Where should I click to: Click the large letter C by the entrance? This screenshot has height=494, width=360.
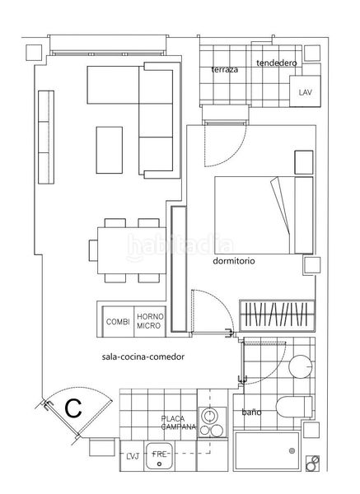(73, 408)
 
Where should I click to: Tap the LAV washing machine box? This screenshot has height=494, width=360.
(305, 91)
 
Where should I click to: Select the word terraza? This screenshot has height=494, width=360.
(225, 70)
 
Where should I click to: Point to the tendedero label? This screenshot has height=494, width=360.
(277, 63)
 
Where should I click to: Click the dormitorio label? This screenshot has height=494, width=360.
(234, 261)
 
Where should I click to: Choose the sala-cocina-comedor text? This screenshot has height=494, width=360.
(143, 357)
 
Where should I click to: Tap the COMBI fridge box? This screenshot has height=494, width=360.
(118, 321)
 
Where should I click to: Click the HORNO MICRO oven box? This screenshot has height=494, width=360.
(151, 321)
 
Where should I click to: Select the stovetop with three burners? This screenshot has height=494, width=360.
(212, 422)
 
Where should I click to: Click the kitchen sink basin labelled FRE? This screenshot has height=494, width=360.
(159, 456)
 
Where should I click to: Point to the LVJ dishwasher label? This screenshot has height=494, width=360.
(133, 456)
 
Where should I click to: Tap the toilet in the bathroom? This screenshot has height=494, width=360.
(294, 407)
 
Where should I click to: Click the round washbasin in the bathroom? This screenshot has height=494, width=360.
(301, 366)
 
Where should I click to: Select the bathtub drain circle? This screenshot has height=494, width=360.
(292, 451)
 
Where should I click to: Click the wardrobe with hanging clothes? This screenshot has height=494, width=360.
(277, 315)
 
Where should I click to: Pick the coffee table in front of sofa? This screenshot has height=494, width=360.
(109, 150)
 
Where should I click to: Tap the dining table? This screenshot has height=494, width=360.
(132, 250)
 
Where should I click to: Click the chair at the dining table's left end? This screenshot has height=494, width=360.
(93, 250)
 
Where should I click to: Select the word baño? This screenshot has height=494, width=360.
(251, 412)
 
